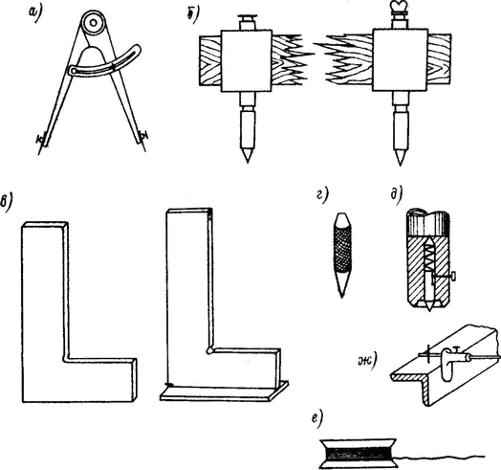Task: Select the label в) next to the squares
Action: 7,203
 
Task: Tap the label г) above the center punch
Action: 322,196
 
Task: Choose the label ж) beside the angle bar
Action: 366,361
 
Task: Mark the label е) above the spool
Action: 318,418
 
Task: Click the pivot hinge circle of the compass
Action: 94,23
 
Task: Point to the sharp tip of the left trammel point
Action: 248,162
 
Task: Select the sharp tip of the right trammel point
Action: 400,165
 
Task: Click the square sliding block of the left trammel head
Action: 247,60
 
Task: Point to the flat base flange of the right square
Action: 225,392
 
